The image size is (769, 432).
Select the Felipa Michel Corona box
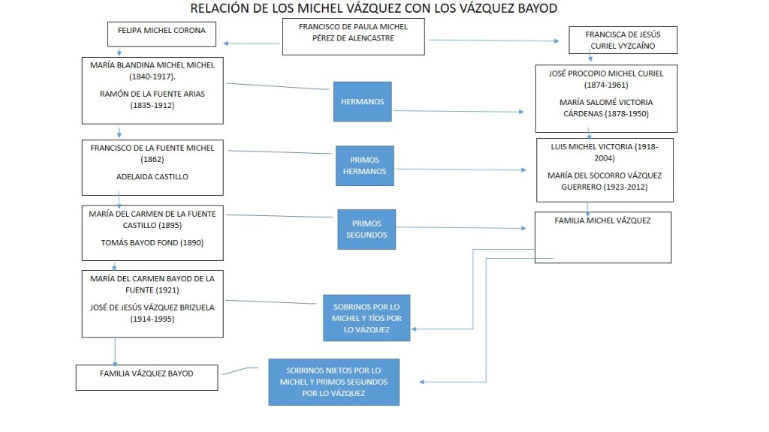pos(161,34)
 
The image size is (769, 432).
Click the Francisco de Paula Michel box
pos(353,37)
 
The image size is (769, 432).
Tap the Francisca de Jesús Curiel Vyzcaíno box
pos(623,40)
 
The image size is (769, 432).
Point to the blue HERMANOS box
pos(363,101)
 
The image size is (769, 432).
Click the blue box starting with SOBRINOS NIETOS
pos(333,382)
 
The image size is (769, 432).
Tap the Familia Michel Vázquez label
pos(602,220)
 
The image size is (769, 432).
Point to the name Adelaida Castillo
pos(152,177)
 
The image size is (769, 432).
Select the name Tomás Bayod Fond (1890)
pos(152,242)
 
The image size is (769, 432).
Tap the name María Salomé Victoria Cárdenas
pos(605,108)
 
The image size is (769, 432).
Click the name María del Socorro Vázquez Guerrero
pos(604,181)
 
